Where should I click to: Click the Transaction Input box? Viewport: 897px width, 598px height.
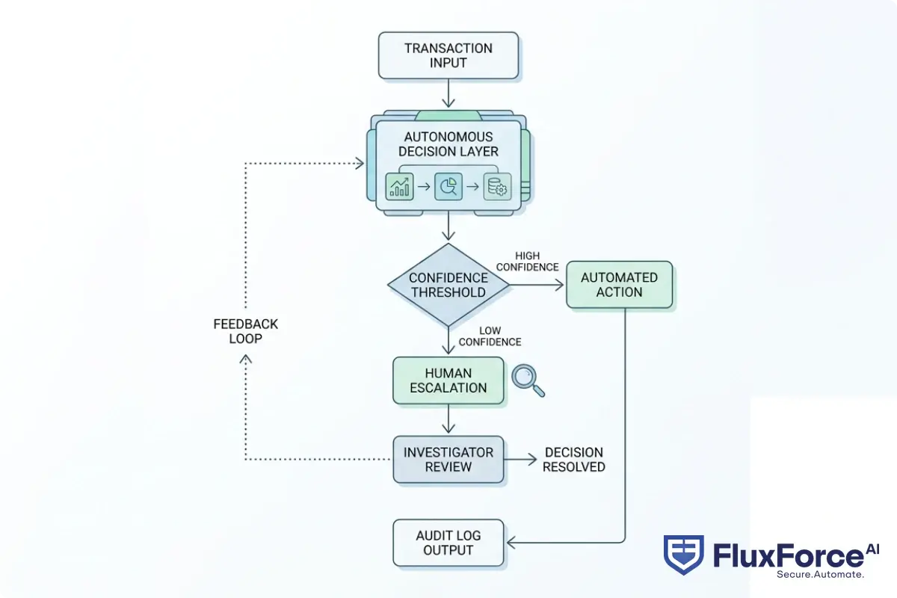pos(448,55)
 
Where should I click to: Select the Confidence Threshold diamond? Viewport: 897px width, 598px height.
pos(448,285)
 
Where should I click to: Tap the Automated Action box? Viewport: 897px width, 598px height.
pos(619,285)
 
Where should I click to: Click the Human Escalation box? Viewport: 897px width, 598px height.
pos(448,380)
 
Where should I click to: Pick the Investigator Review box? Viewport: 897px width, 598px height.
pos(448,459)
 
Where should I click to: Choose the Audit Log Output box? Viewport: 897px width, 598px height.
pos(448,543)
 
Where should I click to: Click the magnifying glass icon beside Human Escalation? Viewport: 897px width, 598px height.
pos(528,380)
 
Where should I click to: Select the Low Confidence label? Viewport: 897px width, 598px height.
pos(490,336)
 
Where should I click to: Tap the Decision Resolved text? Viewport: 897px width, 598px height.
pos(573,460)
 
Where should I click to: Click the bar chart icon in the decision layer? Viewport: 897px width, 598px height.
pos(399,186)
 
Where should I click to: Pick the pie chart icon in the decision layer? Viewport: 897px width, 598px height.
pos(449,186)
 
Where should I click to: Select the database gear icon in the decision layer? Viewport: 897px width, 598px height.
pos(497,186)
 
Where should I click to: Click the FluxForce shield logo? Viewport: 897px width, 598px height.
pos(683,554)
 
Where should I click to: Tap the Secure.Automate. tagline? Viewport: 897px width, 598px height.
pos(820,574)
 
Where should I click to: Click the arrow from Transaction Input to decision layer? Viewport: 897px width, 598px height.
pos(448,93)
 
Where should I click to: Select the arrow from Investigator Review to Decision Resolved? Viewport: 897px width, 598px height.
pos(520,459)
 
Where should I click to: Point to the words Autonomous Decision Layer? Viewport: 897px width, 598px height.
pos(448,144)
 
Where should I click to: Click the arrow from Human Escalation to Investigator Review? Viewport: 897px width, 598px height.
pos(448,419)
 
